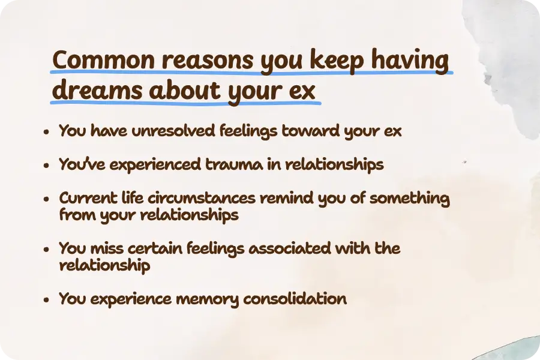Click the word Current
pyautogui.click(x=83, y=199)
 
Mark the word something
pyautogui.click(x=409, y=199)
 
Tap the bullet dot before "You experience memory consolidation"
pyautogui.click(x=47, y=300)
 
